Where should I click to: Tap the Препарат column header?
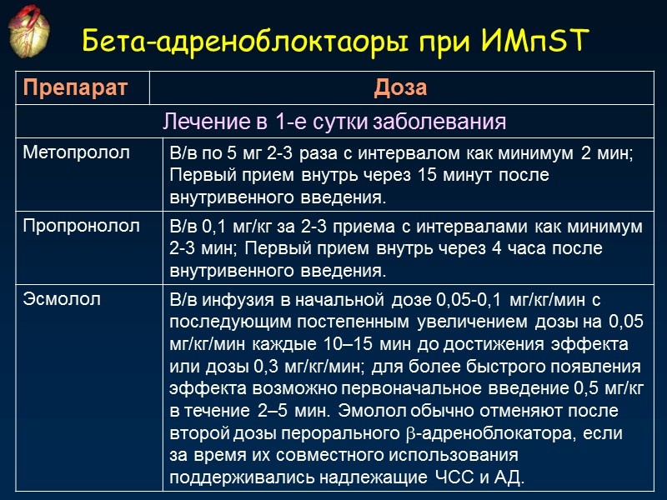75,88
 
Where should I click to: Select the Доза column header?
401,88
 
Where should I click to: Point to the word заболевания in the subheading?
440,122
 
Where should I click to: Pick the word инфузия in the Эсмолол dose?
234,300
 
